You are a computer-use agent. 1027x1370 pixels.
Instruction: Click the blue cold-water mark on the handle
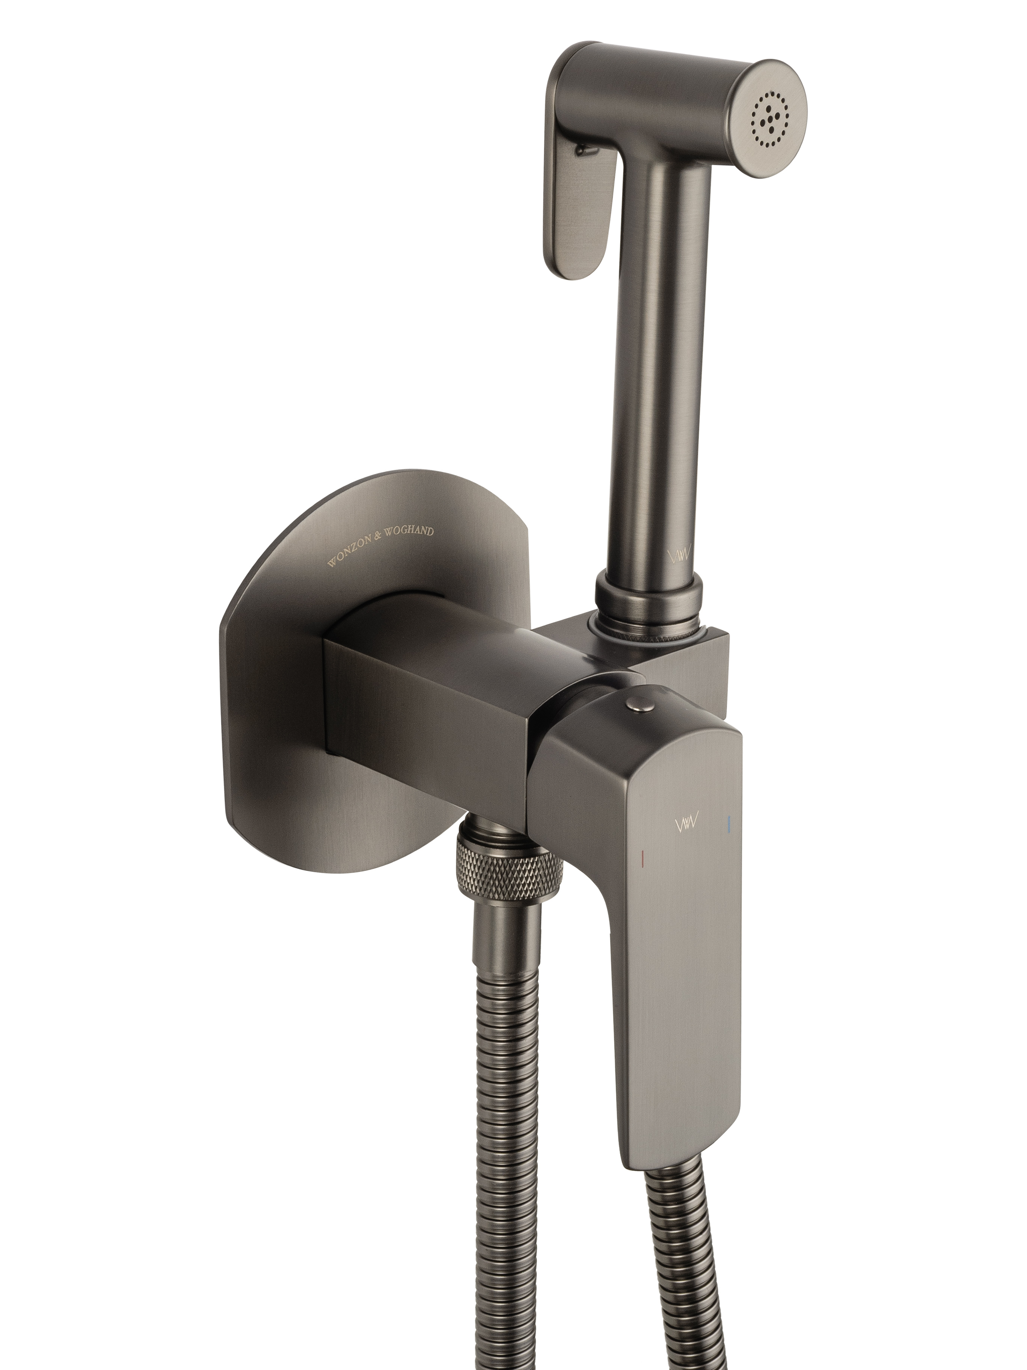pyautogui.click(x=730, y=823)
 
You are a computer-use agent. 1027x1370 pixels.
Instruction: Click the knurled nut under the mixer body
pyautogui.click(x=510, y=867)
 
